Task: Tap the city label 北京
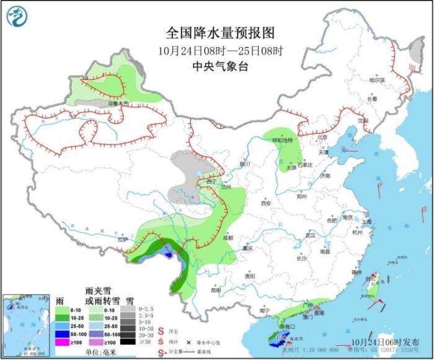point(321,138)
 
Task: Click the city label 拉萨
point(122,239)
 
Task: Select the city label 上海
point(367,222)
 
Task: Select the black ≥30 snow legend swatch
point(128,341)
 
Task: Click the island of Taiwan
point(374,288)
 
